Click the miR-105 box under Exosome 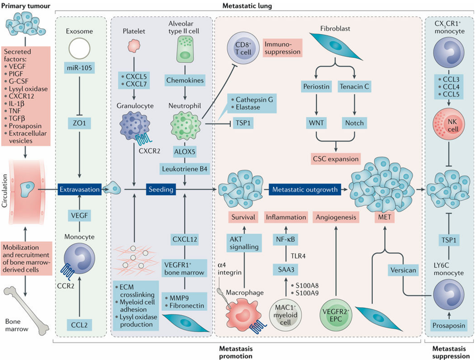pos(79,68)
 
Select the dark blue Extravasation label pos(80,190)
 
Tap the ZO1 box pos(79,123)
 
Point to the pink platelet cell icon pos(134,46)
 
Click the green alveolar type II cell pos(185,49)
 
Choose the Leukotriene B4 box pos(185,169)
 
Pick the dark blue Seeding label pos(161,190)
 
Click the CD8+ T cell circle pos(243,48)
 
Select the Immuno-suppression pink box pos(282,48)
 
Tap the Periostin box pos(316,87)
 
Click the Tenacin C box pos(354,87)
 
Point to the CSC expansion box pos(336,159)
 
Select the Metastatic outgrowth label pos(305,190)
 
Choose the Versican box pos(403,270)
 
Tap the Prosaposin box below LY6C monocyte pos(449,325)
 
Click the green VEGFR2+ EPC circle pos(336,315)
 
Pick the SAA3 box pos(286,270)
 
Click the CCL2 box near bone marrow pos(79,325)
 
